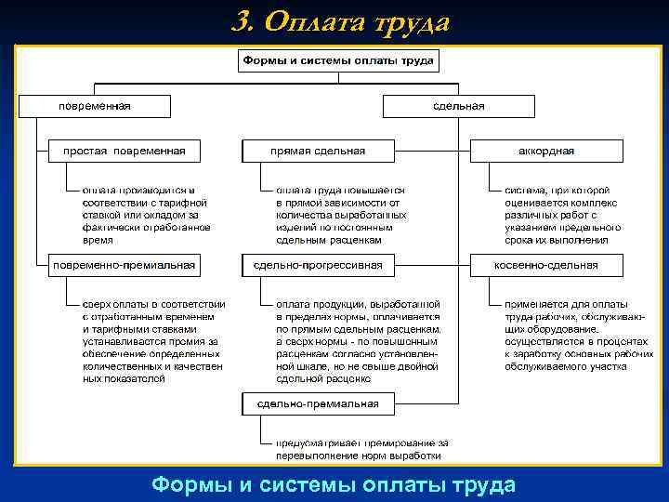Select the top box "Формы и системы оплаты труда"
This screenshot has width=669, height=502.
tap(338, 61)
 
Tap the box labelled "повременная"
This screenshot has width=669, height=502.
tap(95, 106)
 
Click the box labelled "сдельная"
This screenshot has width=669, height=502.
tap(458, 106)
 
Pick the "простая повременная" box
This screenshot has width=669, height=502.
tap(124, 151)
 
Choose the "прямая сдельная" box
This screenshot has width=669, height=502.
tap(318, 151)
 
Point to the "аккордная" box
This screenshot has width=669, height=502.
tap(546, 151)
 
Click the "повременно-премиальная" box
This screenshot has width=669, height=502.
tap(124, 265)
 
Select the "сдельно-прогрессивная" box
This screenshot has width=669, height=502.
tap(318, 265)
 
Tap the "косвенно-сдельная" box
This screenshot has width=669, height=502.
tap(546, 265)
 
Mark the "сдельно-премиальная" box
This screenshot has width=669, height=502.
tap(318, 403)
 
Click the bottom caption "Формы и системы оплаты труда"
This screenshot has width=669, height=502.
tap(334, 484)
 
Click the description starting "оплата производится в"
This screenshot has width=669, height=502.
tap(146, 214)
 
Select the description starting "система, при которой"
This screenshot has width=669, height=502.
tap(557, 214)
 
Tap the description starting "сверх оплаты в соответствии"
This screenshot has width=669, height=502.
tap(152, 341)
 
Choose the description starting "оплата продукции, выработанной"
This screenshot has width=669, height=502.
tap(358, 341)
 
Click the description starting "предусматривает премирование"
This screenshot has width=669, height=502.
tap(361, 449)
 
